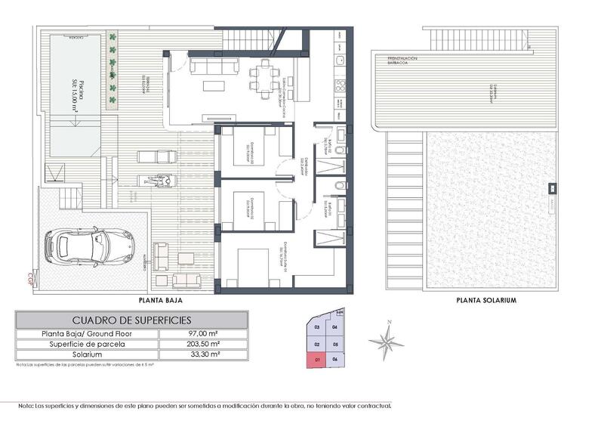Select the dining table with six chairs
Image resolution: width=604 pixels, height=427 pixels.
pos(264,75)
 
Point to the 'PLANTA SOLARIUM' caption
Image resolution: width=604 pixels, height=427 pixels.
pos(486,300)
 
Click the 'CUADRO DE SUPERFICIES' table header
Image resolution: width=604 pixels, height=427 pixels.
pos(131,319)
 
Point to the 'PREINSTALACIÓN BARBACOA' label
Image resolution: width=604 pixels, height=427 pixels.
pos(405,60)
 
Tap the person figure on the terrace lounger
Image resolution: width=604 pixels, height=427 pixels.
pos(159,181)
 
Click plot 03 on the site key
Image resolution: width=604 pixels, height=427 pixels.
pos(317,327)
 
